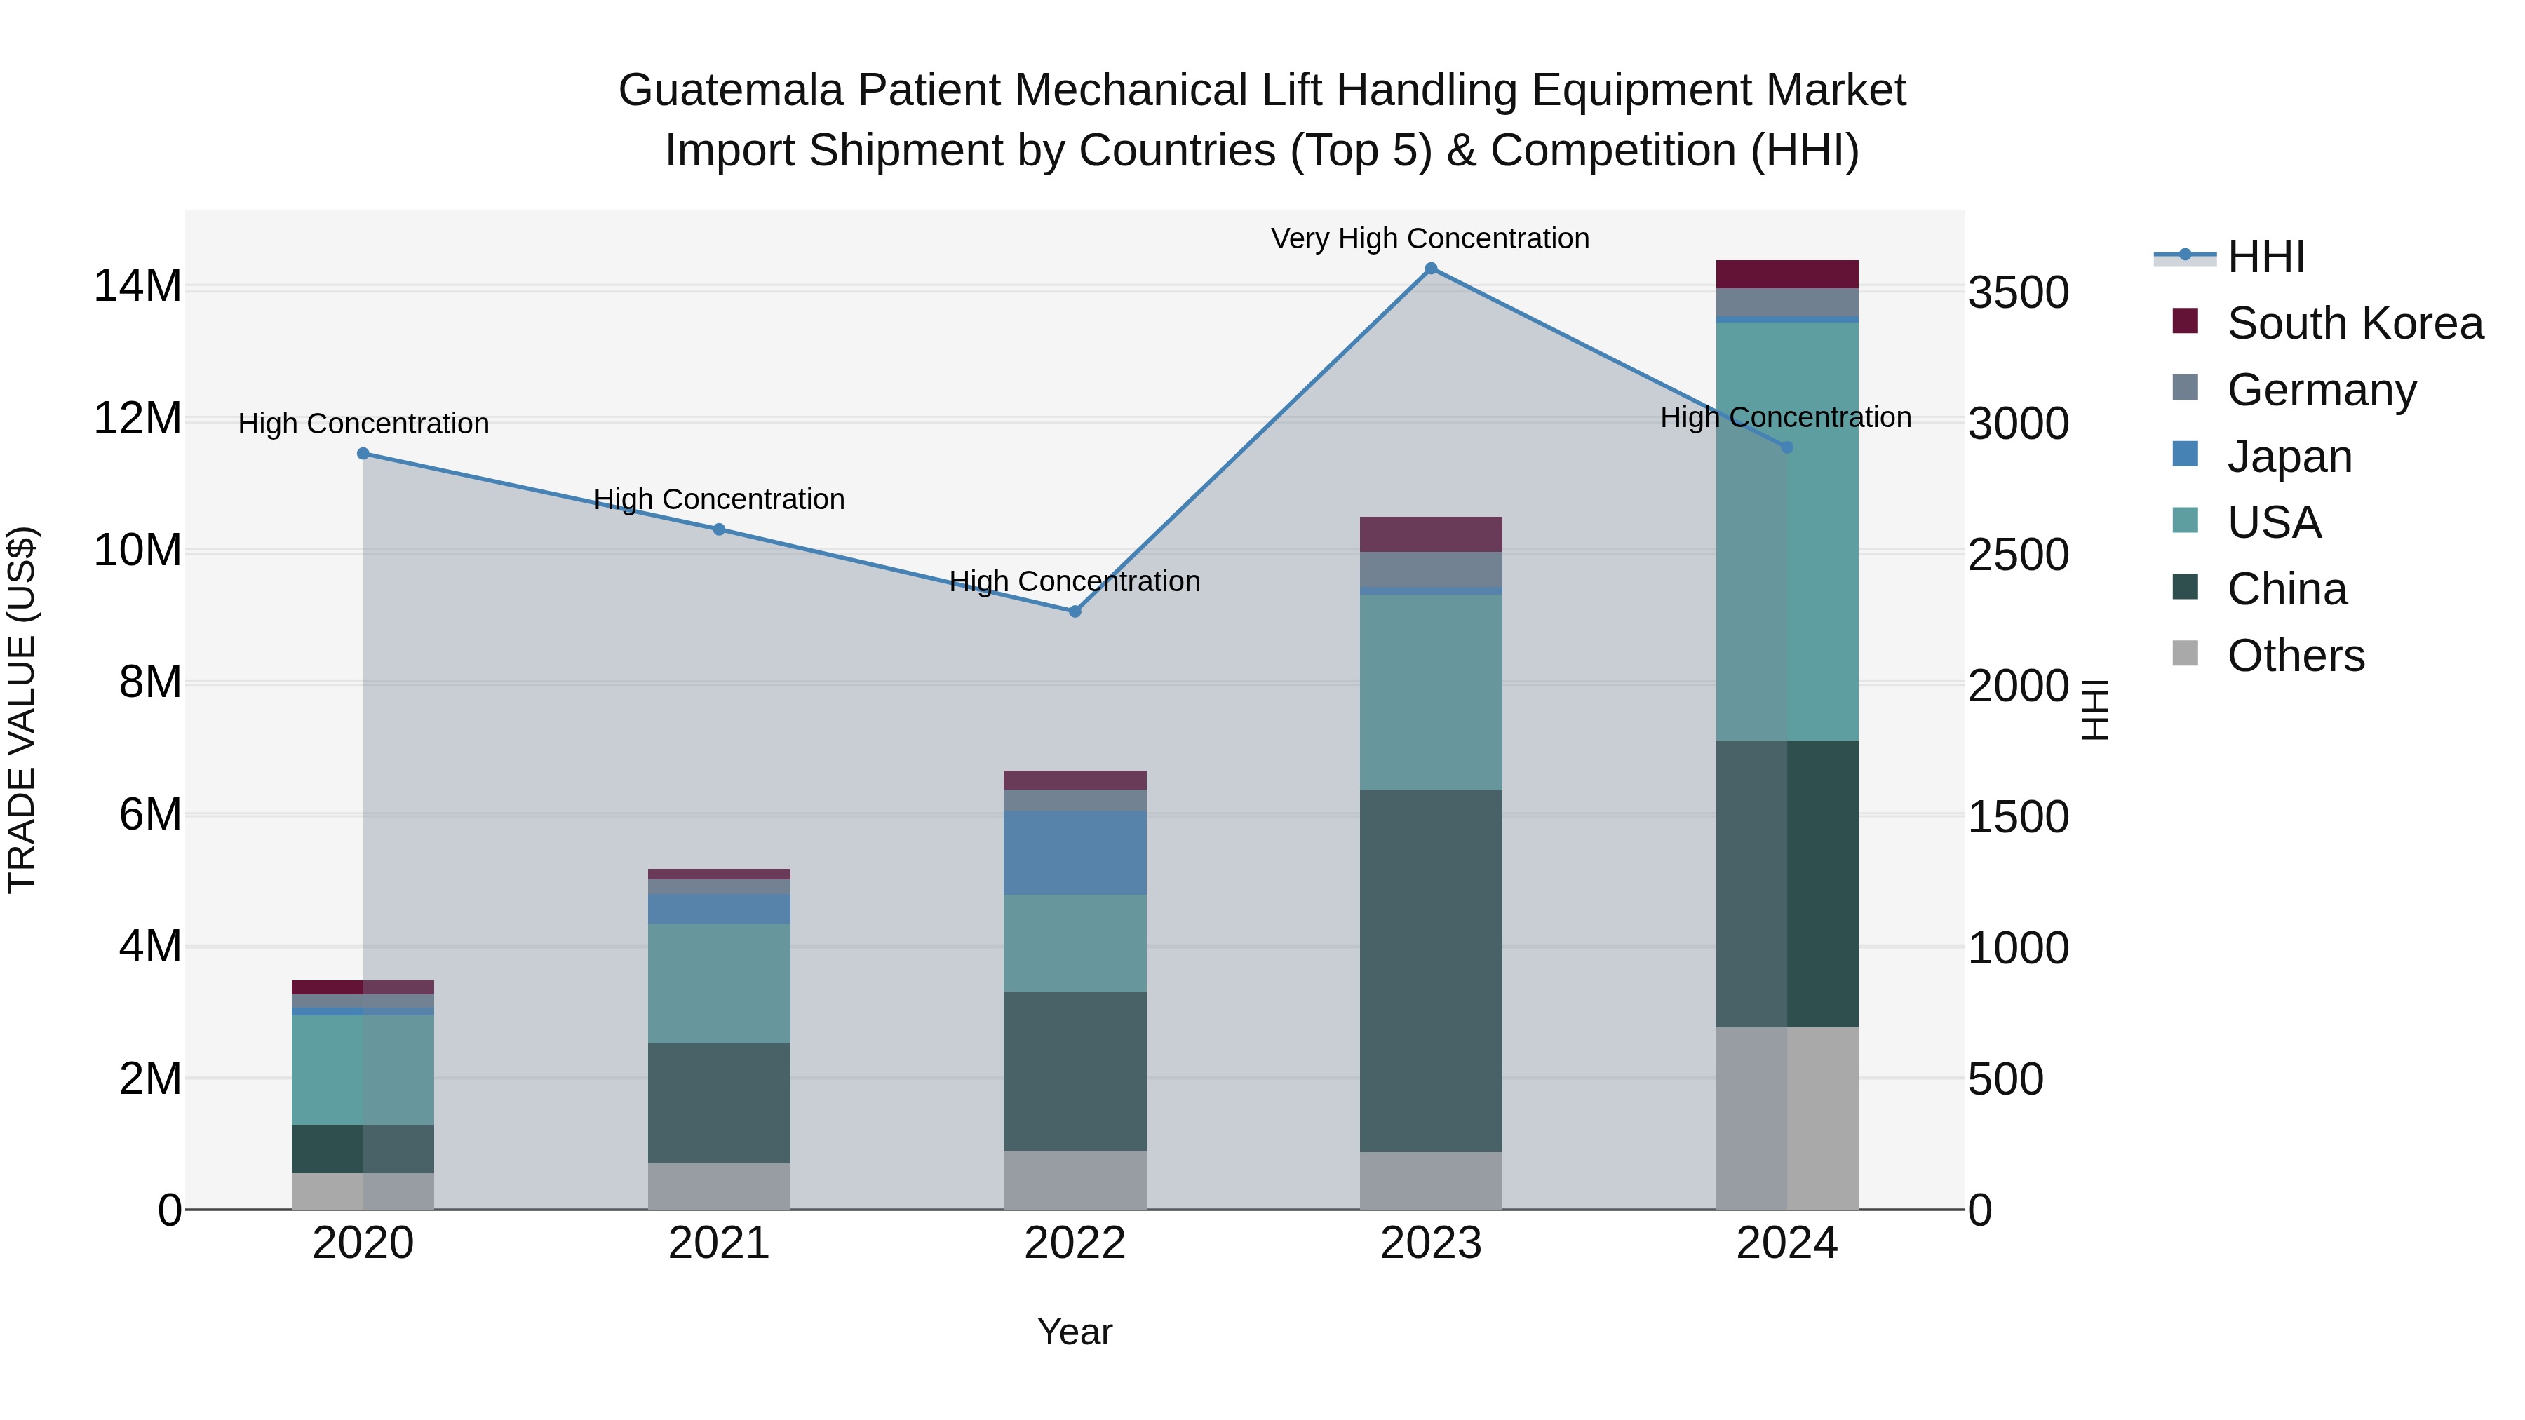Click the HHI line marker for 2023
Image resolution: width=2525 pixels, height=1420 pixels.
1430,269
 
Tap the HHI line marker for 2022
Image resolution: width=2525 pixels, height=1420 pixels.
1075,611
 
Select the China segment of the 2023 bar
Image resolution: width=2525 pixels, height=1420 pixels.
1430,971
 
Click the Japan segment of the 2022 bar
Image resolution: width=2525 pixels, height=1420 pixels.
1075,853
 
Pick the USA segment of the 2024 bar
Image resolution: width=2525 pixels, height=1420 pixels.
1787,530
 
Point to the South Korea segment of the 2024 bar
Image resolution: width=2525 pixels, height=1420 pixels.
1787,274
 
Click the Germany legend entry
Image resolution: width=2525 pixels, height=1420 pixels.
2321,390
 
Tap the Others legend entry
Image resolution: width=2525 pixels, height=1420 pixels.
2295,656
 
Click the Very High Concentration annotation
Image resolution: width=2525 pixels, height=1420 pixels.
1430,238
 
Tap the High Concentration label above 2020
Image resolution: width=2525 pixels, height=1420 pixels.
363,424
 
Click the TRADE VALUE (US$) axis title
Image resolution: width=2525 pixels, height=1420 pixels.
22,710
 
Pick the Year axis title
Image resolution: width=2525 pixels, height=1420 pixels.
1075,1332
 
